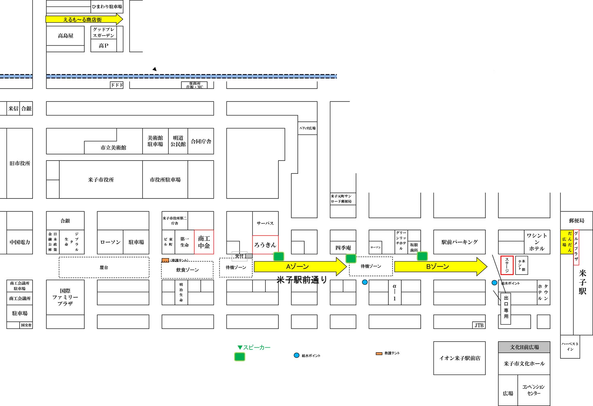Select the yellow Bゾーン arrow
tap(438, 267)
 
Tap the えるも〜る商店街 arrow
tap(83, 20)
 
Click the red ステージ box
tap(507, 265)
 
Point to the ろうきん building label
tap(265, 245)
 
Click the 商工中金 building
tap(204, 242)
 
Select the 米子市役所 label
tap(101, 180)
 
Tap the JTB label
tap(479, 325)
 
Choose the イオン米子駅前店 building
tap(459, 358)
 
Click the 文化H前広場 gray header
tap(524, 347)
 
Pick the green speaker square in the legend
tap(240, 357)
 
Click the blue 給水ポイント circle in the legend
tap(296, 355)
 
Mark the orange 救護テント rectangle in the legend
tap(379, 354)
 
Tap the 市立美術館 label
tap(113, 148)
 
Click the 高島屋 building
tap(66, 36)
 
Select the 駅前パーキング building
tap(459, 242)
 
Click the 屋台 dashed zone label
tap(104, 268)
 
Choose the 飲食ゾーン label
tap(187, 270)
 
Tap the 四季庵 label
tap(343, 248)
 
